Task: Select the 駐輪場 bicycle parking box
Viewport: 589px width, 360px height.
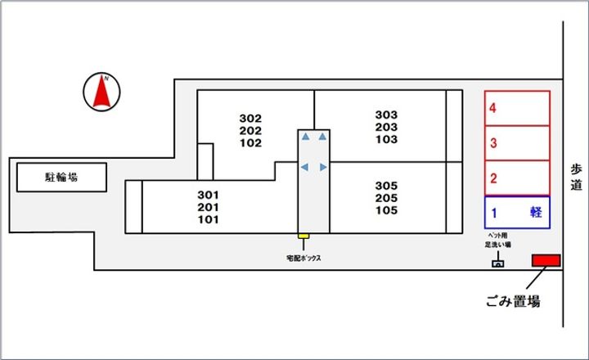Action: tap(61, 176)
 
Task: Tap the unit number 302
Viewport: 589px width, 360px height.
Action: tap(250, 118)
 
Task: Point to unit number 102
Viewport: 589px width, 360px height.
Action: tap(250, 143)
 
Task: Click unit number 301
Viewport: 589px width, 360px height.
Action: tap(209, 195)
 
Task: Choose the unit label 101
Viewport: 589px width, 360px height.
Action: tap(209, 219)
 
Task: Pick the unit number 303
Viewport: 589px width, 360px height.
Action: tap(386, 115)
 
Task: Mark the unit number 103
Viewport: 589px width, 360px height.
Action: tap(386, 139)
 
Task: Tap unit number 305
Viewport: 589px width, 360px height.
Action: tap(386, 186)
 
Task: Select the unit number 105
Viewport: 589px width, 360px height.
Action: tap(386, 211)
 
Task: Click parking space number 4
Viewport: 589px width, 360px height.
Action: tap(493, 107)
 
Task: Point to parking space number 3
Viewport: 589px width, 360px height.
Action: tap(493, 143)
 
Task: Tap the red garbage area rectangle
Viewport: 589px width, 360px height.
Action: tap(546, 260)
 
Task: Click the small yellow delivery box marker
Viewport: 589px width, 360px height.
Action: tap(303, 237)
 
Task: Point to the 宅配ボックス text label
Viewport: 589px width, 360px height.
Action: tap(303, 259)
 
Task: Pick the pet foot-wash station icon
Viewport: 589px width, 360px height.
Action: tap(497, 263)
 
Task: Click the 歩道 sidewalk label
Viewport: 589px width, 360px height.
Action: tap(576, 177)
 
